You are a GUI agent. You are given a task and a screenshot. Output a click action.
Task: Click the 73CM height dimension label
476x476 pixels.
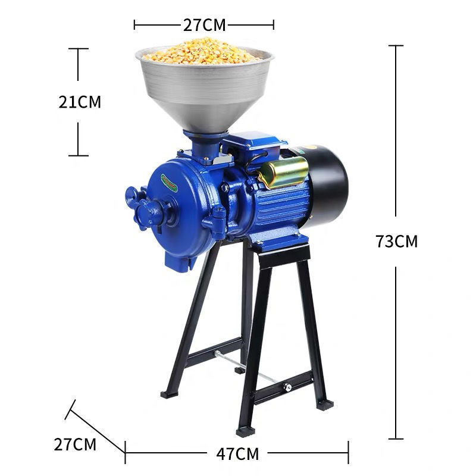[397, 242]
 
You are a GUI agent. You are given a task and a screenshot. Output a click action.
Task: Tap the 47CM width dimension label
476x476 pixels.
[237, 454]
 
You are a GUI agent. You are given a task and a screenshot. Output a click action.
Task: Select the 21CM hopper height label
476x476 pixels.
[80, 102]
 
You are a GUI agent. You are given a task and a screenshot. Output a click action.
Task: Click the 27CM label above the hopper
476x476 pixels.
[204, 25]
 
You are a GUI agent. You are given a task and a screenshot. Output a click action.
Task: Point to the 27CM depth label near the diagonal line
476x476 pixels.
[75, 444]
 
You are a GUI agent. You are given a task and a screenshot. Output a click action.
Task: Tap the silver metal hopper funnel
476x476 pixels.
[205, 91]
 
